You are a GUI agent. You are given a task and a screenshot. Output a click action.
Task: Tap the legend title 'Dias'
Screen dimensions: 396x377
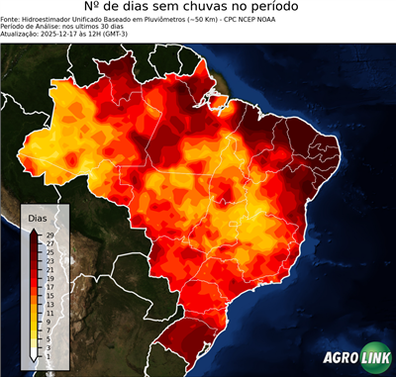(38, 217)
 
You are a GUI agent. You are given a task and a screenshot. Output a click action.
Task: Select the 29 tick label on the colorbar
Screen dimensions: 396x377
(49, 235)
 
